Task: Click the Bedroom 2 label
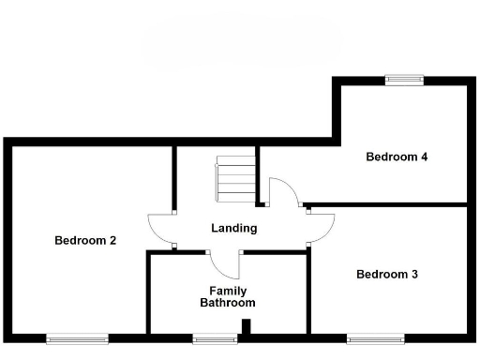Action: [x=85, y=240]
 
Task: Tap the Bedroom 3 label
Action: [x=387, y=275]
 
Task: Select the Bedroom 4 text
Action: [x=397, y=157]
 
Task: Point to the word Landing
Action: [x=234, y=228]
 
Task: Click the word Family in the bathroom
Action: [x=228, y=291]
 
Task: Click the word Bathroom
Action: [x=227, y=303]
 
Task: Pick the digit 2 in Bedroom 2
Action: [x=112, y=240]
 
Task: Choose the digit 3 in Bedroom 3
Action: [x=414, y=275]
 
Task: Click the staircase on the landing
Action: [x=235, y=178]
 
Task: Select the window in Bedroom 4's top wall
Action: [x=404, y=81]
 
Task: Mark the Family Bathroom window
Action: [x=215, y=337]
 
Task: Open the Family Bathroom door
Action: [x=225, y=262]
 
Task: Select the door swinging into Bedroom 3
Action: [x=322, y=225]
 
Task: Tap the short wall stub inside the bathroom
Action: [x=247, y=326]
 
